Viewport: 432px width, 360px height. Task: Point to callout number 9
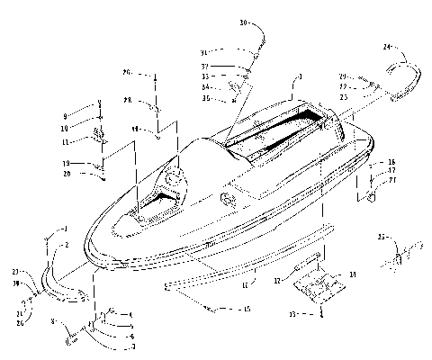coord(65,117)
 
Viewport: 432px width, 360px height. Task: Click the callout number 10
coord(65,128)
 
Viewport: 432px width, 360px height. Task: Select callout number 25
coord(381,238)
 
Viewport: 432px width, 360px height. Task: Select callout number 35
coord(205,96)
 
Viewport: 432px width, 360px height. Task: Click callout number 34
coord(205,86)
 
